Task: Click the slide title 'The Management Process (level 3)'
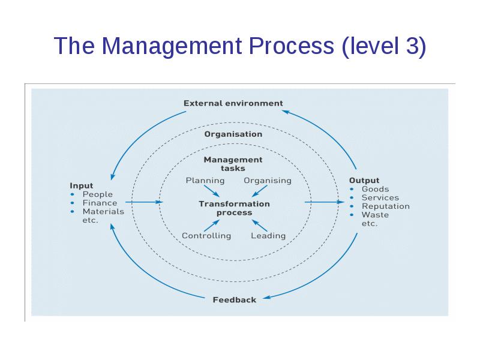(240, 46)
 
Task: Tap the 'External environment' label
(233, 103)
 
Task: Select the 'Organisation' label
(233, 134)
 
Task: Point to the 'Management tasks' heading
(233, 164)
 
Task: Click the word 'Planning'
(205, 180)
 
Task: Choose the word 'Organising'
(268, 180)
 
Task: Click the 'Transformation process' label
(234, 208)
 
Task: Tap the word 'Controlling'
(206, 236)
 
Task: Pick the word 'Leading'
(268, 236)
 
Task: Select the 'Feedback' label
(235, 299)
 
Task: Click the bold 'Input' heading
(82, 185)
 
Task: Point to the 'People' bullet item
(97, 194)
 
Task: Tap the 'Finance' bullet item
(100, 203)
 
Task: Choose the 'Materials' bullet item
(103, 211)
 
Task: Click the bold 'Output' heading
(364, 180)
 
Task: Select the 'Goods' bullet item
(375, 189)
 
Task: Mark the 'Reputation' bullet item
(385, 206)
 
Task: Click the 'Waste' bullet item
(375, 215)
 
